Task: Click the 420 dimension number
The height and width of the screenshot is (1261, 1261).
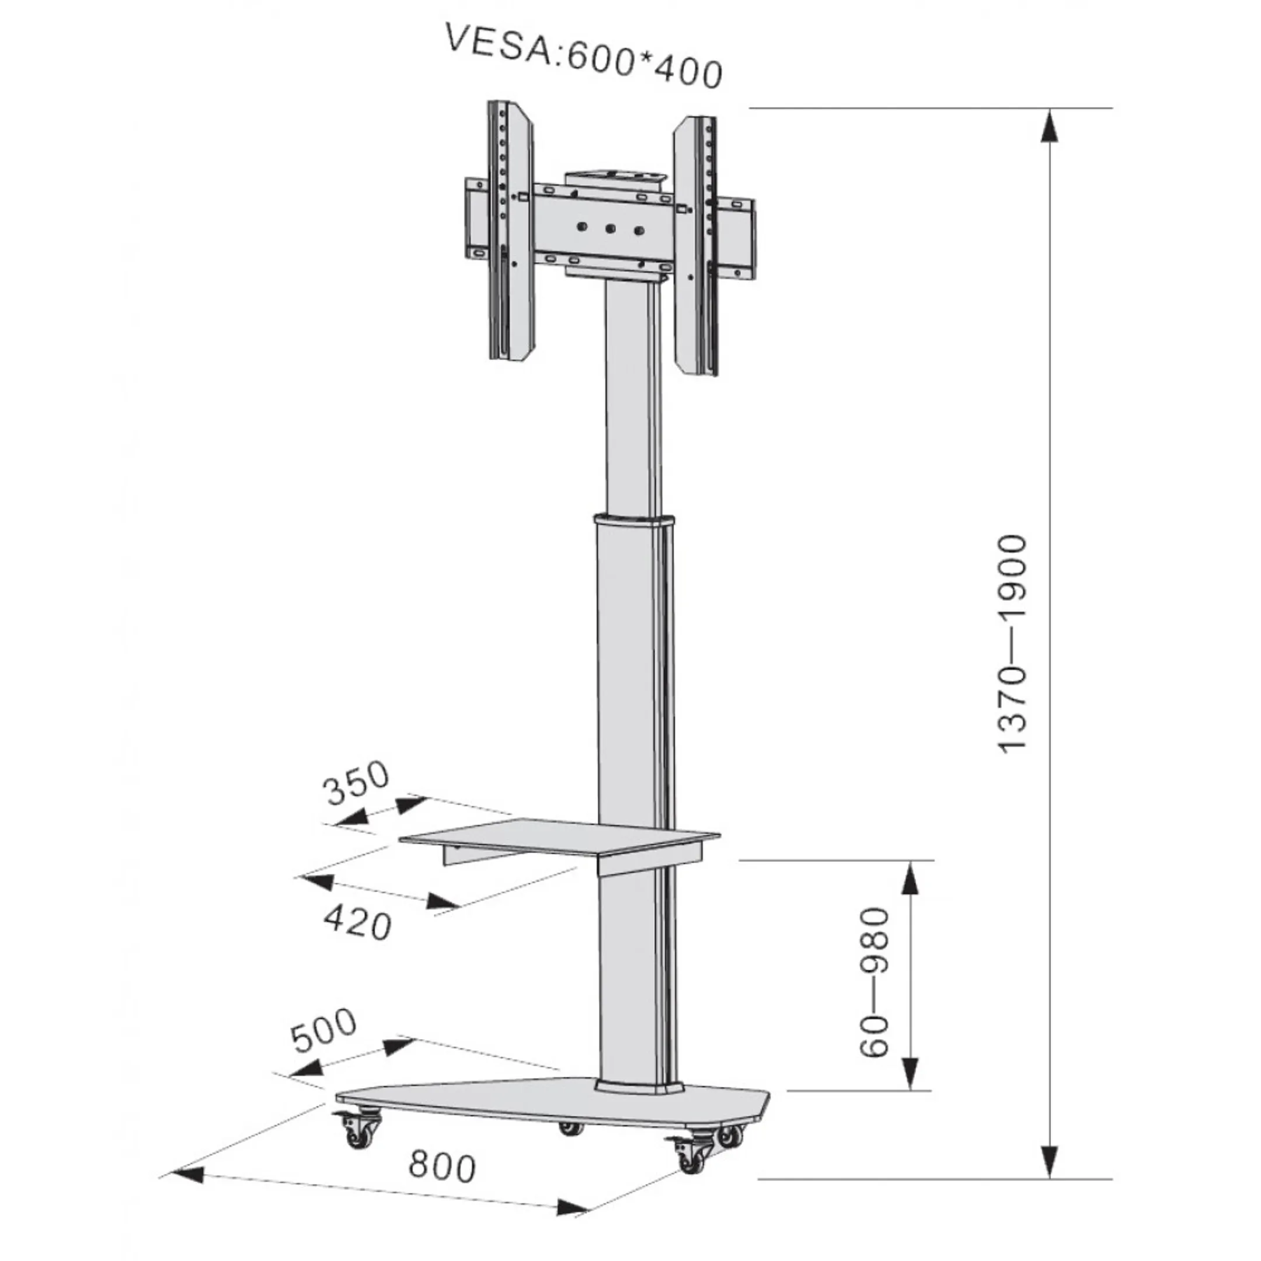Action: point(358,923)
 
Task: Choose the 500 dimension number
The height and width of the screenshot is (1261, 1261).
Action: point(323,1031)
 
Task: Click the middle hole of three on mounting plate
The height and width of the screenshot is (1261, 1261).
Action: point(610,228)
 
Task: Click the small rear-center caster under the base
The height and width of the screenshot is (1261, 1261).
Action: point(571,1128)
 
